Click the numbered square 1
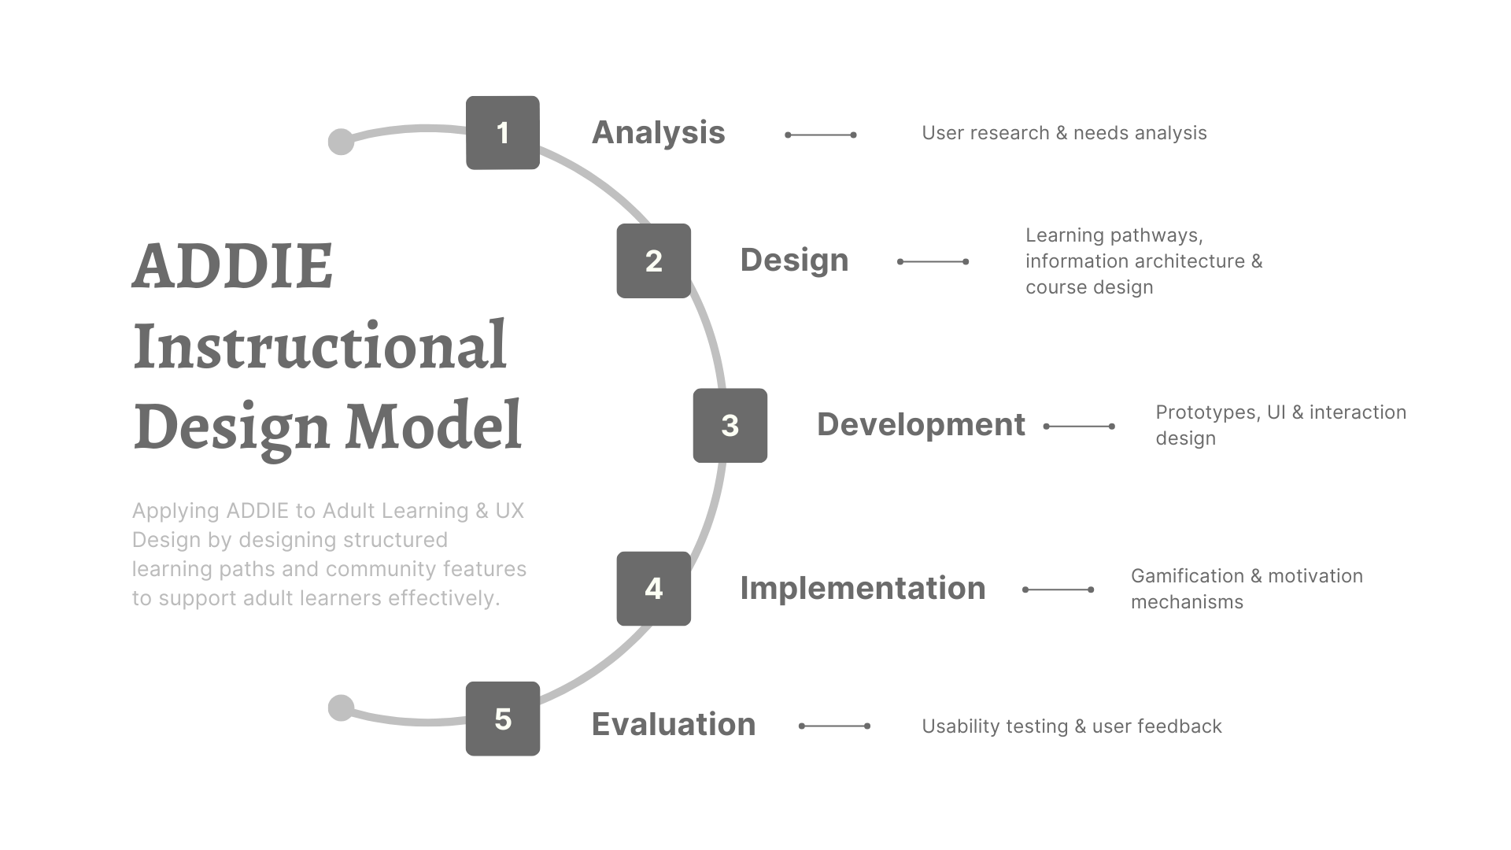(x=502, y=133)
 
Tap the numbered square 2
(x=653, y=261)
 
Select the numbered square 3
(x=730, y=425)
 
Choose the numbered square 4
(x=653, y=589)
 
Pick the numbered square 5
(x=502, y=719)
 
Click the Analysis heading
(x=658, y=133)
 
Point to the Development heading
(x=921, y=425)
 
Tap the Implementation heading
(x=863, y=589)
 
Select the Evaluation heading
(x=673, y=725)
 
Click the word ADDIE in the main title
(x=233, y=266)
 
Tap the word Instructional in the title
(x=320, y=346)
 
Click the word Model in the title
(x=434, y=427)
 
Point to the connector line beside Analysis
(x=821, y=135)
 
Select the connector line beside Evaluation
(x=834, y=726)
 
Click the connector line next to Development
(x=1079, y=427)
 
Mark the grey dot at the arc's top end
(x=341, y=142)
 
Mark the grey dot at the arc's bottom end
(x=341, y=708)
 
